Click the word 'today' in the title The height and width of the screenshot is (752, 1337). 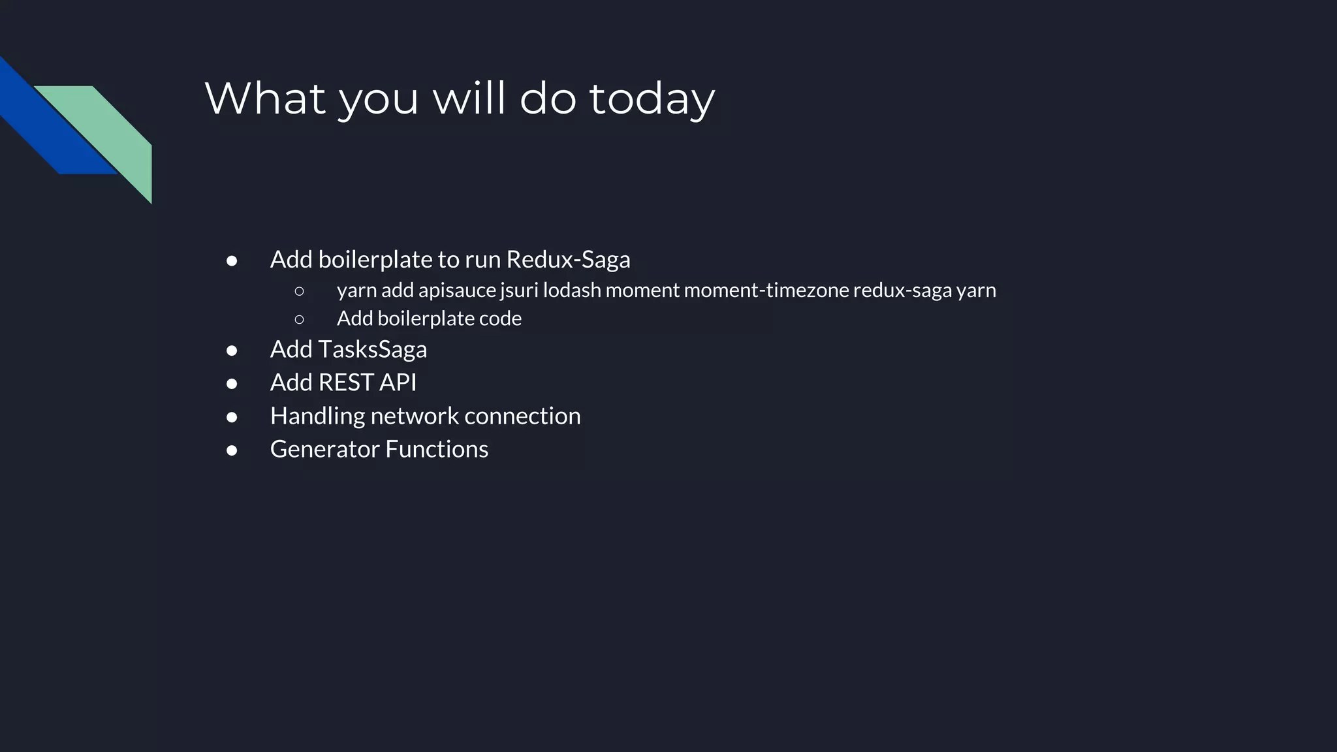pyautogui.click(x=652, y=99)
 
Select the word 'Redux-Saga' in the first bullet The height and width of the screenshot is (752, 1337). pyautogui.click(x=568, y=260)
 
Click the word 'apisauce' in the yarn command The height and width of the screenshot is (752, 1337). pyautogui.click(x=457, y=290)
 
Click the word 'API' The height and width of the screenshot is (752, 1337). pyautogui.click(x=398, y=383)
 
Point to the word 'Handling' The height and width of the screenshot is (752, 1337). pyautogui.click(x=317, y=416)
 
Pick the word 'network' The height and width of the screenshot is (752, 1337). pyautogui.click(x=415, y=416)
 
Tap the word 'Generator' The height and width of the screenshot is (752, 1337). pyautogui.click(x=324, y=449)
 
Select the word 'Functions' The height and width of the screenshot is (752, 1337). pyautogui.click(x=437, y=449)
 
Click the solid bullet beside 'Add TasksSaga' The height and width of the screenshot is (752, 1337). pyautogui.click(x=232, y=351)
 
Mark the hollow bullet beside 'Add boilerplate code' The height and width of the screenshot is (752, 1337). pyautogui.click(x=300, y=319)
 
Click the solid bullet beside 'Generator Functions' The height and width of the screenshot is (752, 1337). pyautogui.click(x=232, y=450)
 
